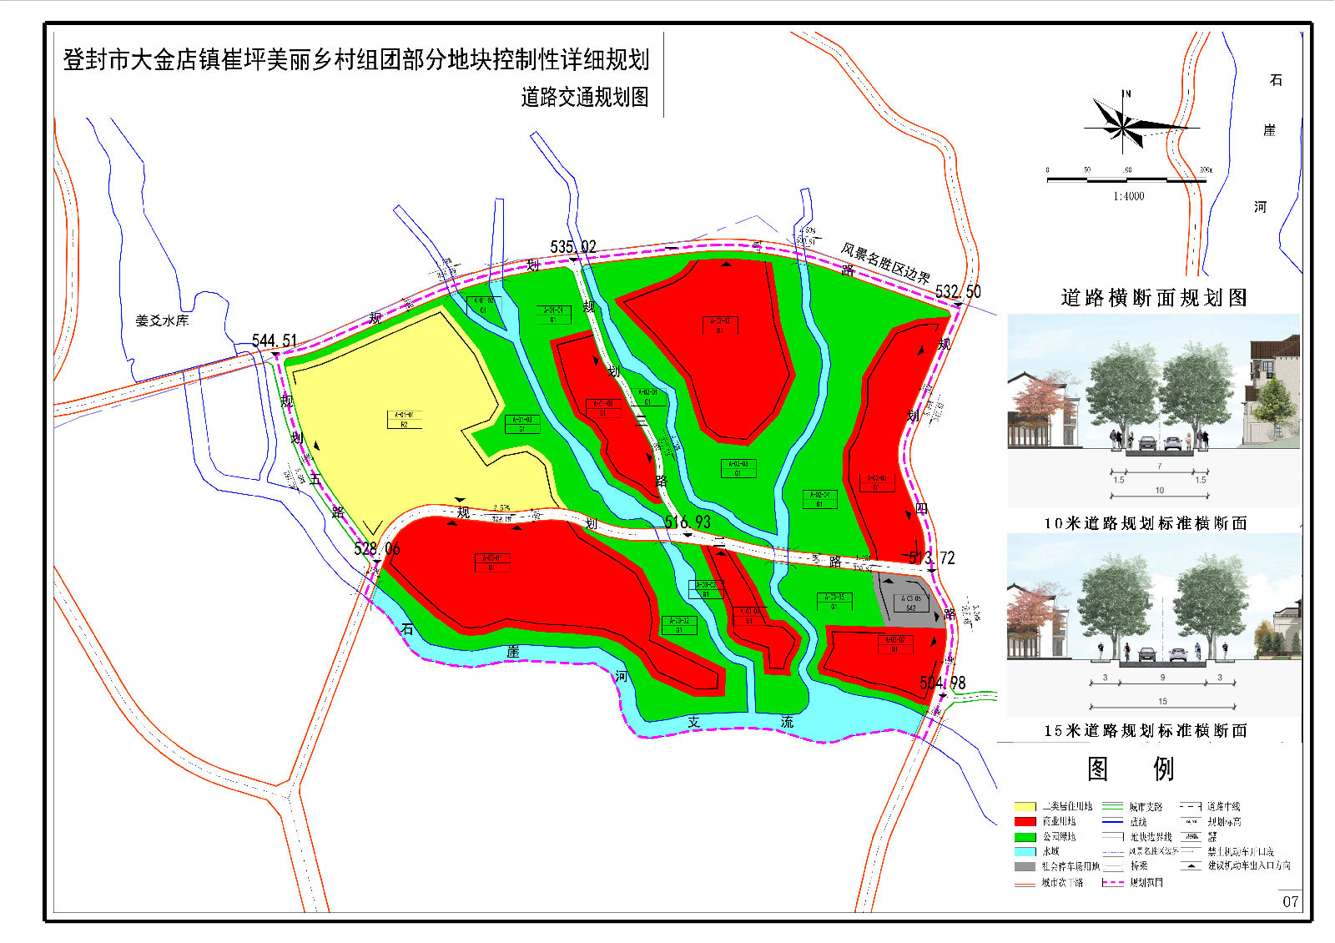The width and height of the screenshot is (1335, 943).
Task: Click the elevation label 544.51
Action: (x=275, y=340)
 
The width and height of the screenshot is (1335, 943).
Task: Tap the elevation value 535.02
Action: (x=573, y=247)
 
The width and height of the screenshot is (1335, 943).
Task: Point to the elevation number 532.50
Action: (x=958, y=292)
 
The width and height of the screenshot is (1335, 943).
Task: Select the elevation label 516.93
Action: (x=688, y=522)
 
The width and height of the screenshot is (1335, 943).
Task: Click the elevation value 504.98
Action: (x=942, y=683)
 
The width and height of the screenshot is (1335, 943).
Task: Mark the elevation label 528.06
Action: (x=377, y=549)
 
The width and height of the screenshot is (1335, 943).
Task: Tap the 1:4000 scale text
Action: (x=1128, y=196)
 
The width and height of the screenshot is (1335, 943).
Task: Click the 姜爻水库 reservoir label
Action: (x=162, y=320)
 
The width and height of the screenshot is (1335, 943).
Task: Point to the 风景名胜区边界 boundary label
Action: (x=885, y=263)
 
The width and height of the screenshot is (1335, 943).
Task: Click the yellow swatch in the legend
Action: (x=1025, y=807)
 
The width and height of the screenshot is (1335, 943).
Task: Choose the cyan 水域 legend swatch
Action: (x=1025, y=852)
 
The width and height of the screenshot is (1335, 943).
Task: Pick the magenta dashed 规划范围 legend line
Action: (x=1113, y=882)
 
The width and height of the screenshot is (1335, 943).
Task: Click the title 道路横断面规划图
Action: (x=1153, y=298)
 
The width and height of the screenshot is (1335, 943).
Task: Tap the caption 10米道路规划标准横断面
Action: (x=1145, y=523)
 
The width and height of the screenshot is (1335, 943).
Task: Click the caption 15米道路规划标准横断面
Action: (x=1145, y=731)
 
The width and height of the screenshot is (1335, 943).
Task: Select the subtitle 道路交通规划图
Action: (x=584, y=98)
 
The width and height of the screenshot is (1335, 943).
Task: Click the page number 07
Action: (x=1290, y=901)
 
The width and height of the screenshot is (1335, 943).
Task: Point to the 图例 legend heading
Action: (x=1130, y=769)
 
